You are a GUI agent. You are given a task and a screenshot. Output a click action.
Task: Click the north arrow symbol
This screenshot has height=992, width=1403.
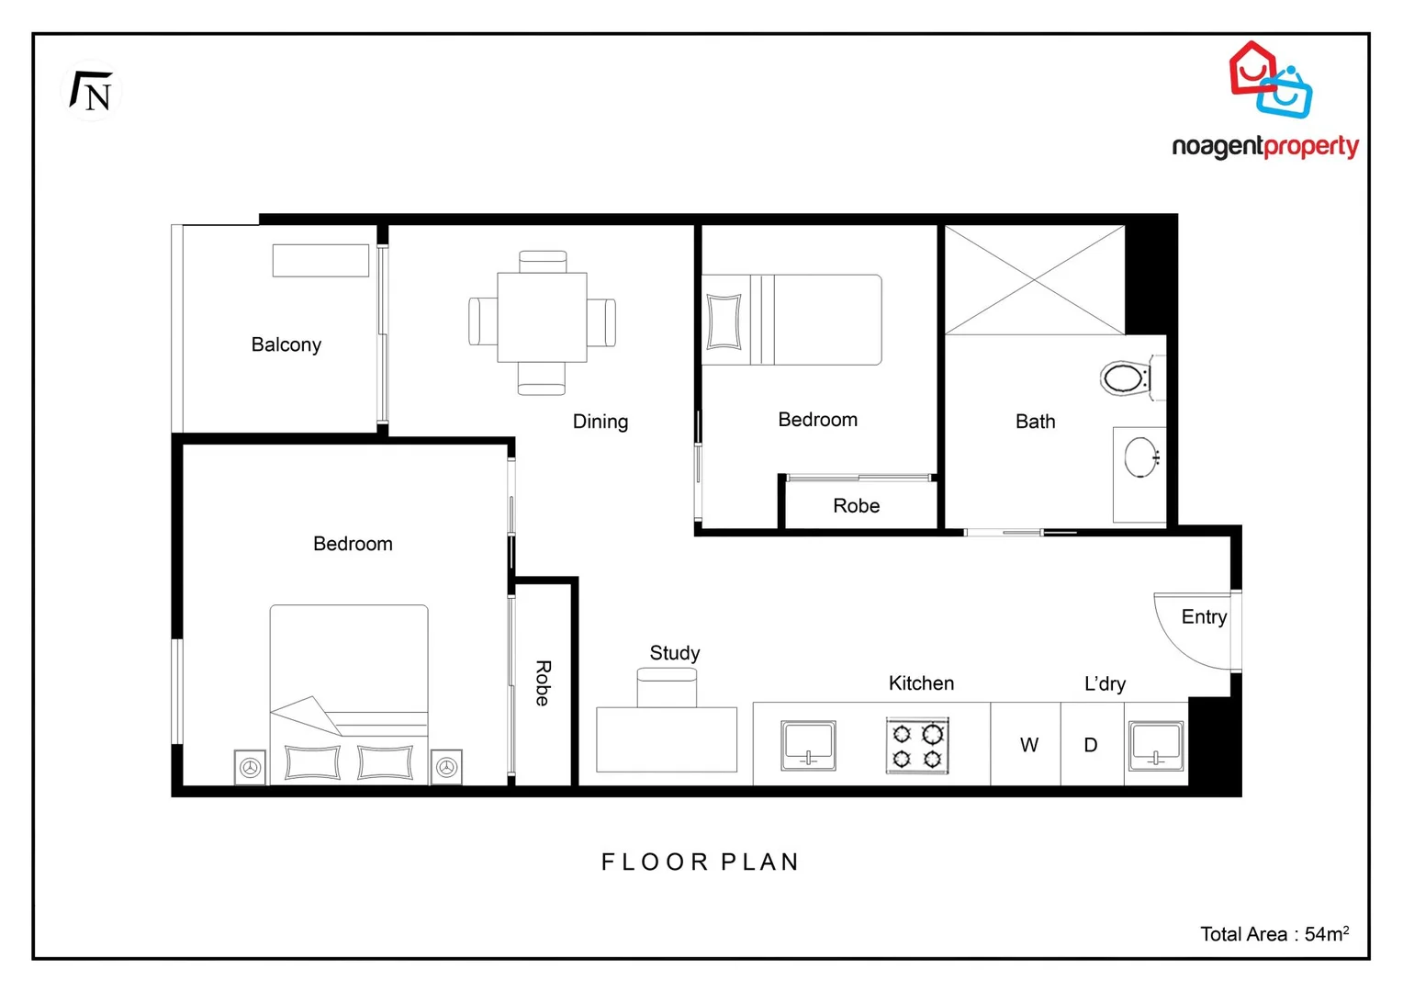coord(91,91)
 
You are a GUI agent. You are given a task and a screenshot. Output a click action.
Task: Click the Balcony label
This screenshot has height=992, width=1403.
coord(286,344)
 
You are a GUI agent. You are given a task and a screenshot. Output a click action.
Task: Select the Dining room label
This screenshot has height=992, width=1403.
coord(600,422)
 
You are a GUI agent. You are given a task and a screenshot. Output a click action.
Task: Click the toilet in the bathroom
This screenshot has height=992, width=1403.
coord(1126,378)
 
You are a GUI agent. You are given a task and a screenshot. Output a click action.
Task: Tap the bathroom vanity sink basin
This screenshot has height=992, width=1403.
coord(1141,457)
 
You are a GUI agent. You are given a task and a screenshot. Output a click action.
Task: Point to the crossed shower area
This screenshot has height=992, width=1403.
coord(1034,280)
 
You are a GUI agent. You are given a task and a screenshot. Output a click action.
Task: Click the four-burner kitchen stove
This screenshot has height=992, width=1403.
coord(917,746)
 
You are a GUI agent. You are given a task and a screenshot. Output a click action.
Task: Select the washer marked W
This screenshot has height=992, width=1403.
coord(1028,745)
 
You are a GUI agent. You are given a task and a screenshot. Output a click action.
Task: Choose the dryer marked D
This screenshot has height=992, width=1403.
coord(1091,745)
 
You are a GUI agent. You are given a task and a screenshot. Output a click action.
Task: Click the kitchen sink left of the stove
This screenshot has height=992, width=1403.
coord(808,745)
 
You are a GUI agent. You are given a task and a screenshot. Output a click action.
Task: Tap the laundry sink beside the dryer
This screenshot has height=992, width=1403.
coord(1156,745)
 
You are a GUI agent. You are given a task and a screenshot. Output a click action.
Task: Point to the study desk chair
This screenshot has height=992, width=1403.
coord(667,687)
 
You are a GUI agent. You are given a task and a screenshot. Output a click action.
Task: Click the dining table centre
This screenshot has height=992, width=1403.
coord(542,318)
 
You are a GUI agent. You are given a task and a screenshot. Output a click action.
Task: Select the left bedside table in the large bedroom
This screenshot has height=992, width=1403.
coord(250,767)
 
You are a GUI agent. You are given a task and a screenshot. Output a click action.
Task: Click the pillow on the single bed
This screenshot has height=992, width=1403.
coord(724,321)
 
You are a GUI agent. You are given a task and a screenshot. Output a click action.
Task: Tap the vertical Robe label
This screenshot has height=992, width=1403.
coord(543,683)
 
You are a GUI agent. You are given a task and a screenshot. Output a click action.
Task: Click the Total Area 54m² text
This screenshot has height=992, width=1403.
coord(1274,934)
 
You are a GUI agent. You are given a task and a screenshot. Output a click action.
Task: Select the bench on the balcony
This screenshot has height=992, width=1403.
coord(320,261)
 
